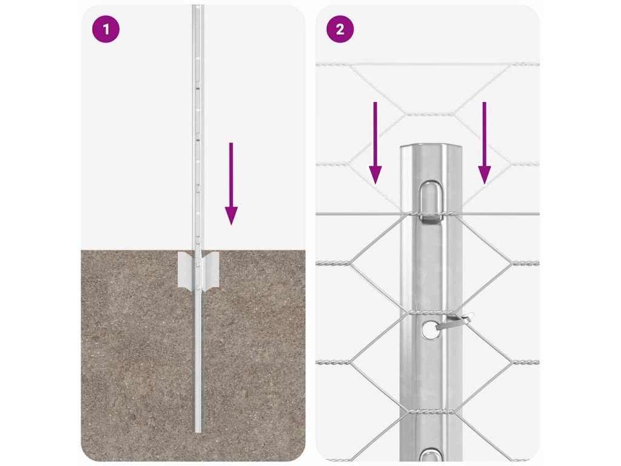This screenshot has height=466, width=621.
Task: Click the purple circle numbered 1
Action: click(x=106, y=29)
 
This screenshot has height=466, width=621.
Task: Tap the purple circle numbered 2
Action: click(x=340, y=29)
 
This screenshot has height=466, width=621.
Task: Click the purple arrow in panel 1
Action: click(x=231, y=184)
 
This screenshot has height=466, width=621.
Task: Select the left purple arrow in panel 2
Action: click(x=375, y=143)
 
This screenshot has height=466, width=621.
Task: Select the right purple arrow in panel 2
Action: click(x=484, y=143)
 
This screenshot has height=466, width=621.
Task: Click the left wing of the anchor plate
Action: click(x=187, y=269)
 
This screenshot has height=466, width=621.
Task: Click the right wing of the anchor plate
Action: click(x=210, y=269)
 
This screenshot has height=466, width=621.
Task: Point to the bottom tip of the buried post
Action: click(x=198, y=431)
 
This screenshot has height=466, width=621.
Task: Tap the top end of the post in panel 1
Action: click(x=198, y=6)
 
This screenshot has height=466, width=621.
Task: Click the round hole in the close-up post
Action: click(x=429, y=329)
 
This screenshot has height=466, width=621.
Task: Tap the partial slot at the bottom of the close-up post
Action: click(x=431, y=455)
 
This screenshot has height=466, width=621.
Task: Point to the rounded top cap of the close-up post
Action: click(x=431, y=147)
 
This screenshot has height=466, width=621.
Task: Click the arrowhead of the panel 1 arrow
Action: click(x=231, y=216)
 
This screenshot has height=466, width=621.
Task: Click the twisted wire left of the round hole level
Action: click(x=333, y=362)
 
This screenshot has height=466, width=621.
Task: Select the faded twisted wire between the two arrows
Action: click(x=429, y=114)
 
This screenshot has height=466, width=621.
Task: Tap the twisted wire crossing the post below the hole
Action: click(x=431, y=412)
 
